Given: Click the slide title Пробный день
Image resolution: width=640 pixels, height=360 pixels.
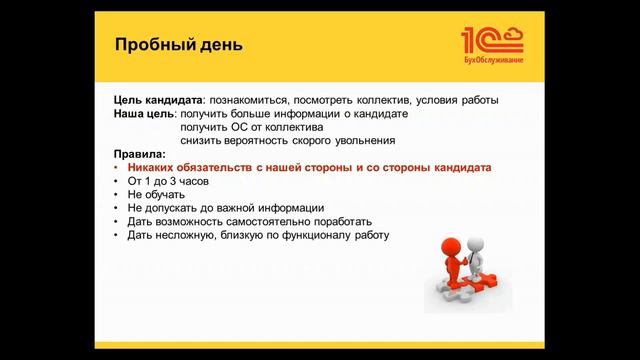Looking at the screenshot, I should tap(177, 46).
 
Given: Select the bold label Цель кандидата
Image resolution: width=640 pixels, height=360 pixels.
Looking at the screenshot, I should tap(158, 101).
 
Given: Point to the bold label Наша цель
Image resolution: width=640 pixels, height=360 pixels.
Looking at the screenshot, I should tap(144, 115).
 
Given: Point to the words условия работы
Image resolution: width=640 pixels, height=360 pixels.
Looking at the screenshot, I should tap(461, 101).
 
